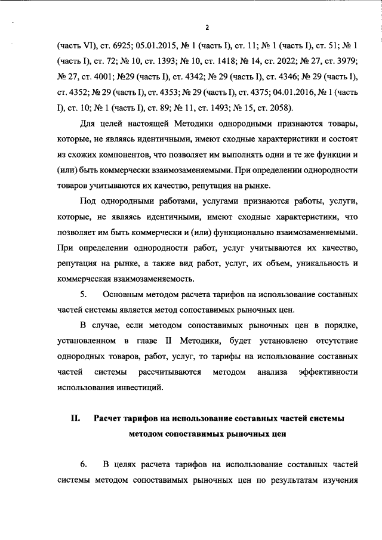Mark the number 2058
[269, 107]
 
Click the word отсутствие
[332, 341]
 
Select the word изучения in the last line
[338, 480]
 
